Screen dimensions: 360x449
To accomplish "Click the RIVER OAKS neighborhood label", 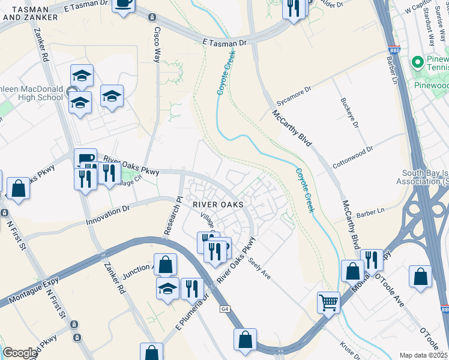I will point(218,205).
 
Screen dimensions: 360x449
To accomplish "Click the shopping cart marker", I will point(328,302).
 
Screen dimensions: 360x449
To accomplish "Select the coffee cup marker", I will point(124,4).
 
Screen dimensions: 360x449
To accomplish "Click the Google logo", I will point(20,353).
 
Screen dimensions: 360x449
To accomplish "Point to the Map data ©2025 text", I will point(424,355).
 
